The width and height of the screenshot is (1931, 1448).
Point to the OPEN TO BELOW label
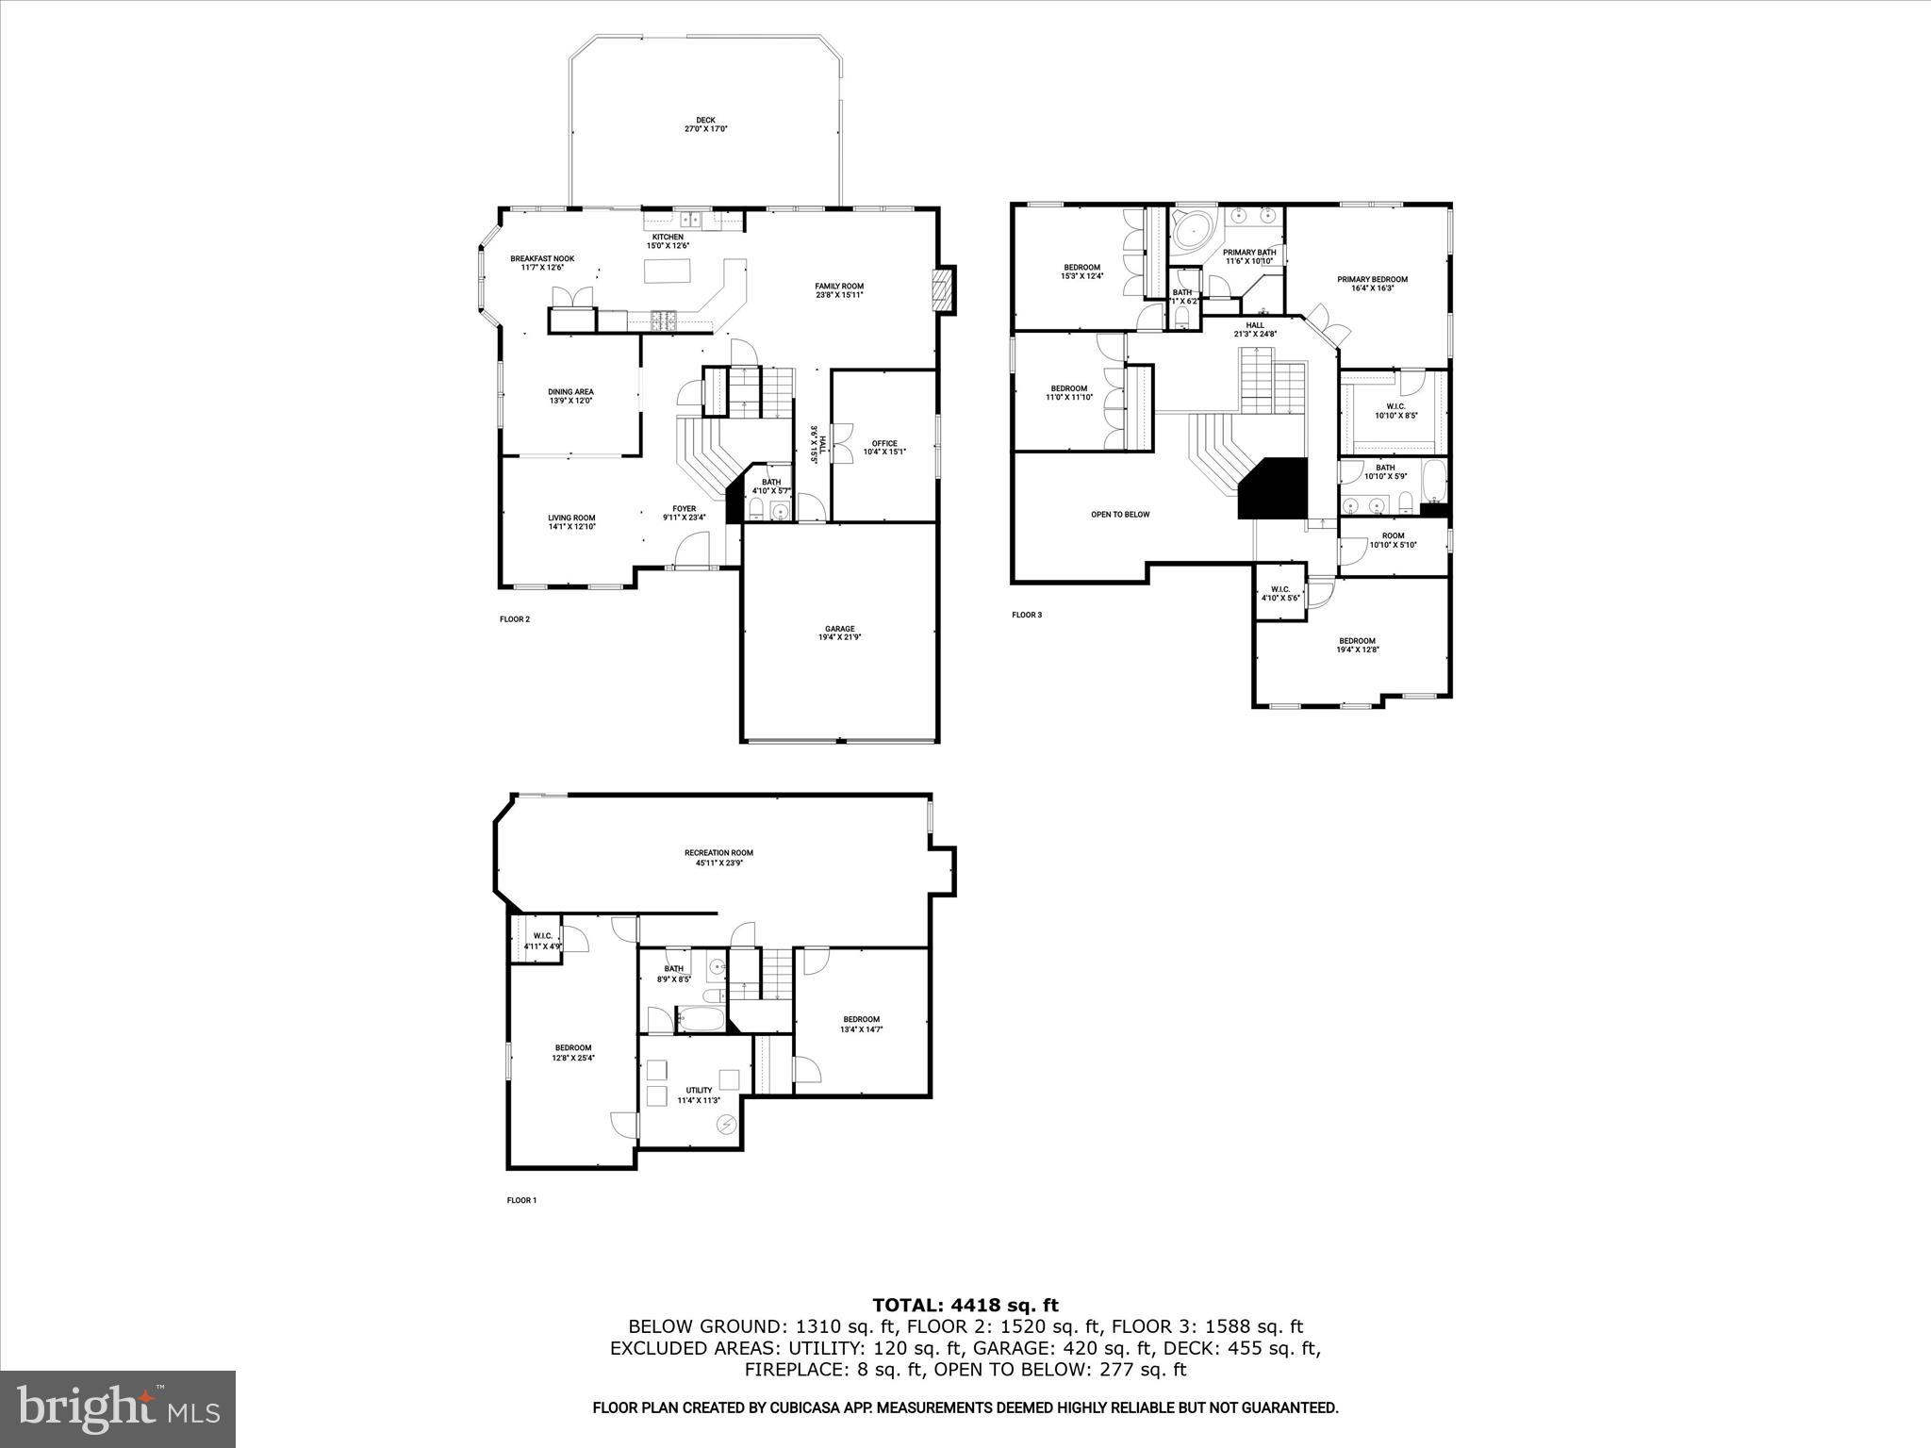[1120, 515]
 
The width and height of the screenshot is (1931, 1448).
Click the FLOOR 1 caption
[521, 1200]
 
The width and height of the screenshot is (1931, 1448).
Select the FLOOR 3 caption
[1027, 615]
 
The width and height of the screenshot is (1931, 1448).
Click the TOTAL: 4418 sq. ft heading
[965, 1306]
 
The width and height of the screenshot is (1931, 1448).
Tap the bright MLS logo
[118, 1408]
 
